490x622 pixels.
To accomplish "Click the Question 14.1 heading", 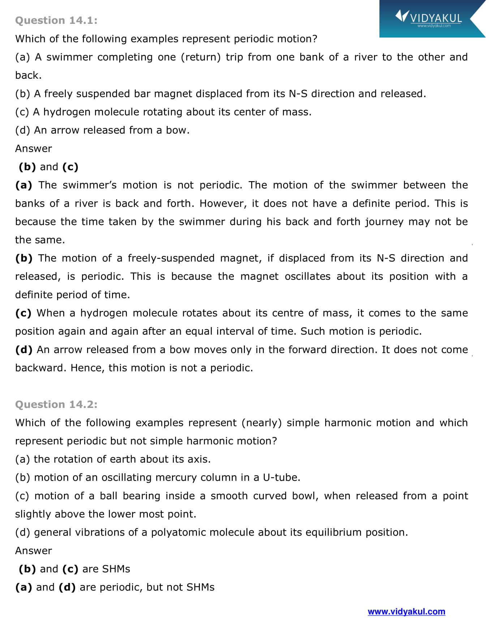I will [x=56, y=21].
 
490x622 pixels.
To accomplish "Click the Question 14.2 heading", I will [x=56, y=404].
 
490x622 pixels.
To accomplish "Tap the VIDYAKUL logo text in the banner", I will [x=435, y=18].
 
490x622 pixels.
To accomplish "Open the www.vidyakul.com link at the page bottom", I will [x=406, y=612].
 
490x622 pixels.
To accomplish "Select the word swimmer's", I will [x=90, y=185].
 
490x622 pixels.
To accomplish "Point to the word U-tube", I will [x=281, y=478].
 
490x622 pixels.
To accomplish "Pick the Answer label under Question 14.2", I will [x=34, y=551].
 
